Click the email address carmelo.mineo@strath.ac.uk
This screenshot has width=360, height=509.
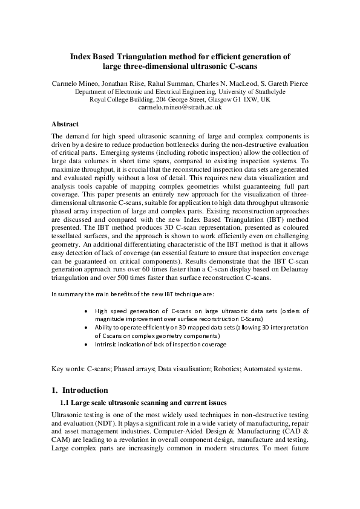tap(180, 107)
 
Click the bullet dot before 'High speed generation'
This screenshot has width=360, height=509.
tap(89, 311)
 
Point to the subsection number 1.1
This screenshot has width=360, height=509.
tap(65, 403)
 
